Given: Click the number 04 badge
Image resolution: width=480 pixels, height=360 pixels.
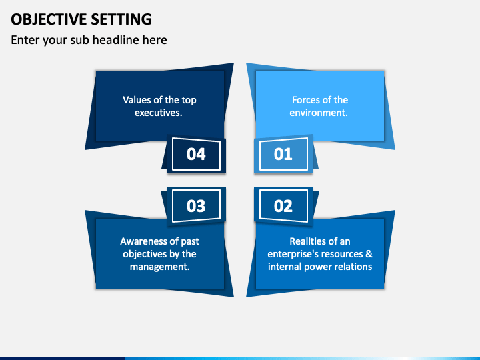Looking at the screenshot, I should [x=196, y=154].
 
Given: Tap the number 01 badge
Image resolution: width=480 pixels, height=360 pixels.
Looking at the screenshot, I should [x=283, y=154].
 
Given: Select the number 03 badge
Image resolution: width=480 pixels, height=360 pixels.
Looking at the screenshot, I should [x=196, y=205].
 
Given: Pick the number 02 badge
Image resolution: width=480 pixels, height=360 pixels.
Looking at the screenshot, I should [x=283, y=205].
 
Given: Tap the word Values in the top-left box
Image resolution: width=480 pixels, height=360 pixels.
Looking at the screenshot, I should [x=136, y=100].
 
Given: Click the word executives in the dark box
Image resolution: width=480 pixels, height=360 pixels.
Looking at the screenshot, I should [x=158, y=113].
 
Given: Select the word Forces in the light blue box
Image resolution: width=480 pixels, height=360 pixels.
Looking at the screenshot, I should [x=306, y=100].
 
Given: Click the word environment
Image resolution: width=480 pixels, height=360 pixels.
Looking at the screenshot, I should [x=319, y=113].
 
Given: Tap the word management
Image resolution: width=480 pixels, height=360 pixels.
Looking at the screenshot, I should [x=159, y=267].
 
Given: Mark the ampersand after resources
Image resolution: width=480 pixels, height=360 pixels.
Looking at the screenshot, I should [x=369, y=254].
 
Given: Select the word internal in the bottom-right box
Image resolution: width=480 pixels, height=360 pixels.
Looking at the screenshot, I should [x=285, y=267].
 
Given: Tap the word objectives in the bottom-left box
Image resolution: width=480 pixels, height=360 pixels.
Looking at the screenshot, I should [x=146, y=254].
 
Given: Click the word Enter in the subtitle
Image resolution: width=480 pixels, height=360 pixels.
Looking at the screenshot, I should [x=24, y=40].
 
